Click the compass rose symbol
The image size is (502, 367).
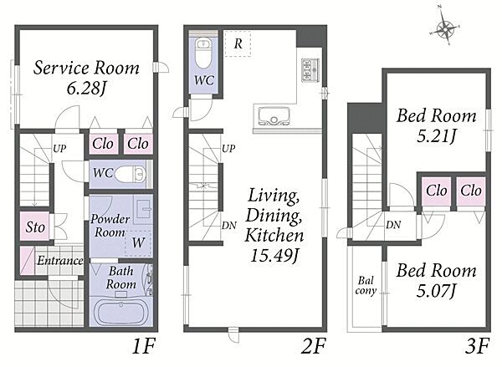445,28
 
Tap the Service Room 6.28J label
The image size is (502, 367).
86,78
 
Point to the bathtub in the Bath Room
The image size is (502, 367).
120,311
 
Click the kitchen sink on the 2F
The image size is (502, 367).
274,116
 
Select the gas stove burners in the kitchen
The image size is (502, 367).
310,70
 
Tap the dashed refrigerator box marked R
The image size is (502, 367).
238,43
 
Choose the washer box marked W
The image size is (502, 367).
138,242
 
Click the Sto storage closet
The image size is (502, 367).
35,227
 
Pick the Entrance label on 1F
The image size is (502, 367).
60,261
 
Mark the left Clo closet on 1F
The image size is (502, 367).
103,143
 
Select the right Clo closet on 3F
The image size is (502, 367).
471,191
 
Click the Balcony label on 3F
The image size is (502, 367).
366,286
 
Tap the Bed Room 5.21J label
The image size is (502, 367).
437,125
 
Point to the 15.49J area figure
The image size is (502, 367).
274,256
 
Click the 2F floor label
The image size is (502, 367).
314,346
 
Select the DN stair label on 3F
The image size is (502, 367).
393,225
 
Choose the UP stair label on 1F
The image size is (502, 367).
59,149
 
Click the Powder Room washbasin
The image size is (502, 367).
143,212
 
